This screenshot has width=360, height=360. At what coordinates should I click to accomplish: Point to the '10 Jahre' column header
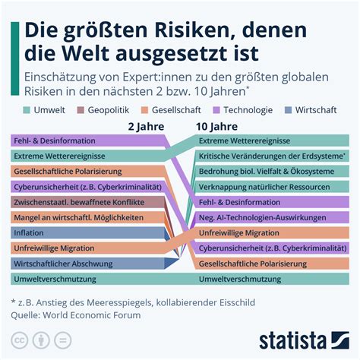(x=216, y=126)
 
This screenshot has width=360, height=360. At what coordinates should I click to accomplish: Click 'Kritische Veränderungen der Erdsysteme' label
(x=270, y=156)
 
